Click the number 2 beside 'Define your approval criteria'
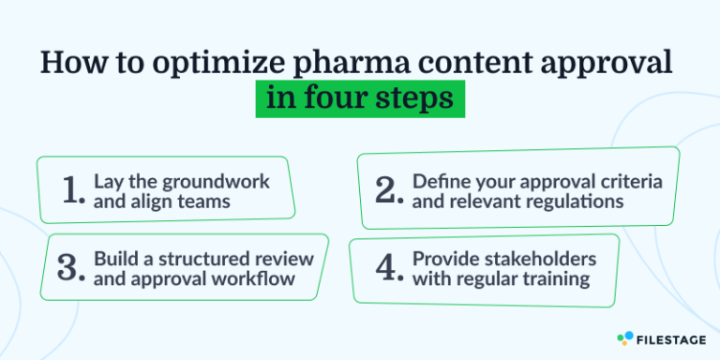click(387, 190)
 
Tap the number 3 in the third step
click(70, 267)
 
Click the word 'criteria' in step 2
click(624, 180)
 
